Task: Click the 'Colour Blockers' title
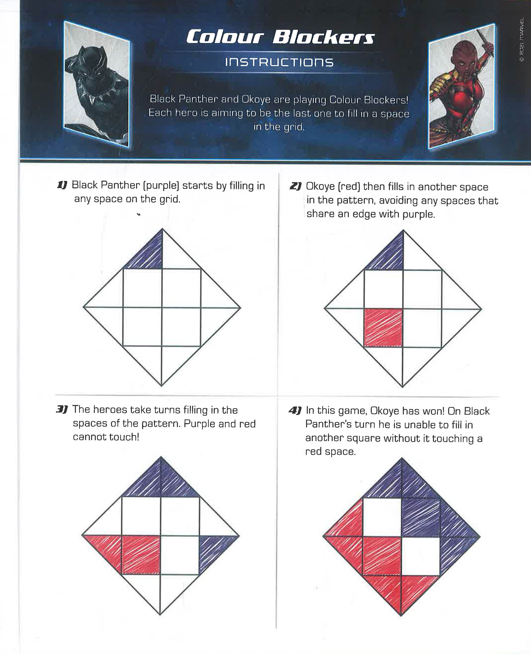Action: pyautogui.click(x=280, y=37)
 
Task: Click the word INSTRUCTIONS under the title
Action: pyautogui.click(x=279, y=62)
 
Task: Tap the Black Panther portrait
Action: pyautogui.click(x=97, y=84)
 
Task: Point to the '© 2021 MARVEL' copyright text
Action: pyautogui.click(x=522, y=40)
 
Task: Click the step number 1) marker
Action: pyautogui.click(x=62, y=185)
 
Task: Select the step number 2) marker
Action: pyautogui.click(x=295, y=186)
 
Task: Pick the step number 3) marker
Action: pyautogui.click(x=61, y=409)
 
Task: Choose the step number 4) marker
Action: pyautogui.click(x=295, y=410)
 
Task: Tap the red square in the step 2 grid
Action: pyautogui.click(x=383, y=328)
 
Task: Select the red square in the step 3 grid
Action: pyautogui.click(x=141, y=554)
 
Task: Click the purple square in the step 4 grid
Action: pyautogui.click(x=421, y=517)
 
